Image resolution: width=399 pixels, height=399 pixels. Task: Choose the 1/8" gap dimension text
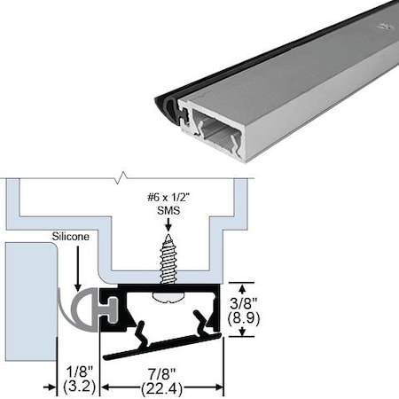[x=76, y=368]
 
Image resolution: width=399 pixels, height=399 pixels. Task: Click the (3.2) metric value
[x=76, y=386]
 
